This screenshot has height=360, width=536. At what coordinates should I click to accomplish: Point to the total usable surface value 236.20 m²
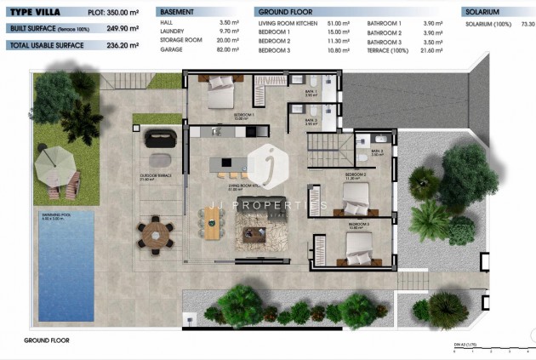[122, 45]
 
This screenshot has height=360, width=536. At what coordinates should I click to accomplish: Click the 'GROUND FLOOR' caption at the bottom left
[46, 340]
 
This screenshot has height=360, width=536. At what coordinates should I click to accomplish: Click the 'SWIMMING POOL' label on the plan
[54, 218]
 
